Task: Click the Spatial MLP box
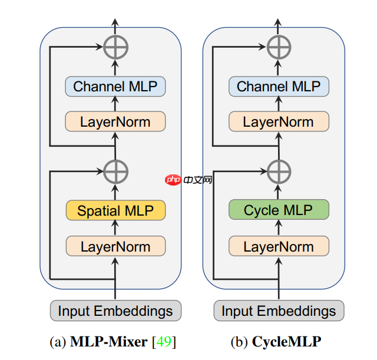click(115, 210)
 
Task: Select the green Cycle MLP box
click(279, 210)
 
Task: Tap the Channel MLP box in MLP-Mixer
click(115, 87)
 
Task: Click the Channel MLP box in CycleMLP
click(279, 87)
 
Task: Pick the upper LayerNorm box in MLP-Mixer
click(115, 122)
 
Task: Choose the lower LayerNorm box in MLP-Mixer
click(115, 246)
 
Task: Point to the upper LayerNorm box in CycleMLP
click(279, 122)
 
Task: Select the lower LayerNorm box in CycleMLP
click(279, 246)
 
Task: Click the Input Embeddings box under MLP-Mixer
click(115, 311)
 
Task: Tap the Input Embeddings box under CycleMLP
click(279, 311)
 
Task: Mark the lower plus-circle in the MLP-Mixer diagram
click(115, 171)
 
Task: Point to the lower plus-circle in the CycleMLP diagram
click(279, 171)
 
